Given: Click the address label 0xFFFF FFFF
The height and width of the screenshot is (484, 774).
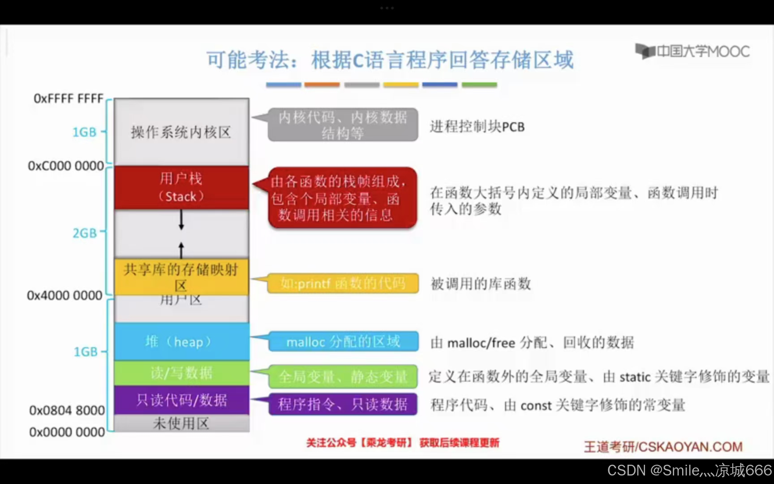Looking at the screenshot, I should [x=69, y=98].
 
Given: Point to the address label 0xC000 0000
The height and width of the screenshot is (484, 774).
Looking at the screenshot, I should [x=66, y=166].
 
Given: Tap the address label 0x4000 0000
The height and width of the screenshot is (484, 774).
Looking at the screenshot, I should [x=64, y=295].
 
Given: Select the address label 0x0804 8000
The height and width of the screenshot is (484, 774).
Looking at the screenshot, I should [x=67, y=410].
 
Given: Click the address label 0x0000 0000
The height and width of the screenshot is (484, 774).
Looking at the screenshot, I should [x=67, y=432].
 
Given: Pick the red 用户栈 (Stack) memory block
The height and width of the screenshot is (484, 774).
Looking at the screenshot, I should [x=181, y=187].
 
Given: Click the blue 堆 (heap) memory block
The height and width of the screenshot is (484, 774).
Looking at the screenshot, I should [x=181, y=341].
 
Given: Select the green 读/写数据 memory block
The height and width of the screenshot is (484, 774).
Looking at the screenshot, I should [x=181, y=373].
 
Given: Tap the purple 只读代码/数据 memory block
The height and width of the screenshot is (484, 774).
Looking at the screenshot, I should [x=181, y=400].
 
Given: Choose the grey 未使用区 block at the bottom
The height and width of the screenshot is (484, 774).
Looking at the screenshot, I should [x=181, y=423].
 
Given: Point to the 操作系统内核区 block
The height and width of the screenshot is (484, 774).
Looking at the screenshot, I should [x=181, y=132].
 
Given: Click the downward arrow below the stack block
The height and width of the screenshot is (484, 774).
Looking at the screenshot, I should [x=181, y=220].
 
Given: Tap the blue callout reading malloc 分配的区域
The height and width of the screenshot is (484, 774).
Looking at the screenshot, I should [x=343, y=342].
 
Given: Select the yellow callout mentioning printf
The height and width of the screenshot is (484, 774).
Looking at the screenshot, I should [x=343, y=283].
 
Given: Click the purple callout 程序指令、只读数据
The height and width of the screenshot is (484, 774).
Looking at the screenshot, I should [x=343, y=404].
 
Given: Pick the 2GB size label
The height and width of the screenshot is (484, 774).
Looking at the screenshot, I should [x=85, y=233].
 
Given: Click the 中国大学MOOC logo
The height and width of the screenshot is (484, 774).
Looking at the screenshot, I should [x=692, y=52].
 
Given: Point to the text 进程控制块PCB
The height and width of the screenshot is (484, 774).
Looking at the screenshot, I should [x=477, y=127].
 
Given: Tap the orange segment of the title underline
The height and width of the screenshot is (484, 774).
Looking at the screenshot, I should [x=322, y=84].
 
